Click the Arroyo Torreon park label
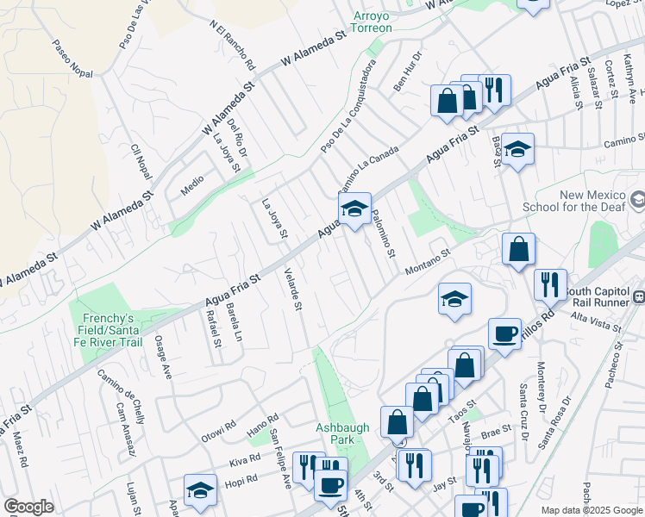tap(372, 22)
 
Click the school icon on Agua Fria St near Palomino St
tap(354, 209)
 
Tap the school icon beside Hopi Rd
tap(200, 491)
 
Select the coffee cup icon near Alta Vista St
tap(504, 333)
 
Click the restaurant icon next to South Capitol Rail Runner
tap(549, 285)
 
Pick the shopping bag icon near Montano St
tap(518, 250)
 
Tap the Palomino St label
tap(385, 237)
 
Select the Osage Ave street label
tap(163, 357)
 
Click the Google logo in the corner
tap(28, 507)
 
